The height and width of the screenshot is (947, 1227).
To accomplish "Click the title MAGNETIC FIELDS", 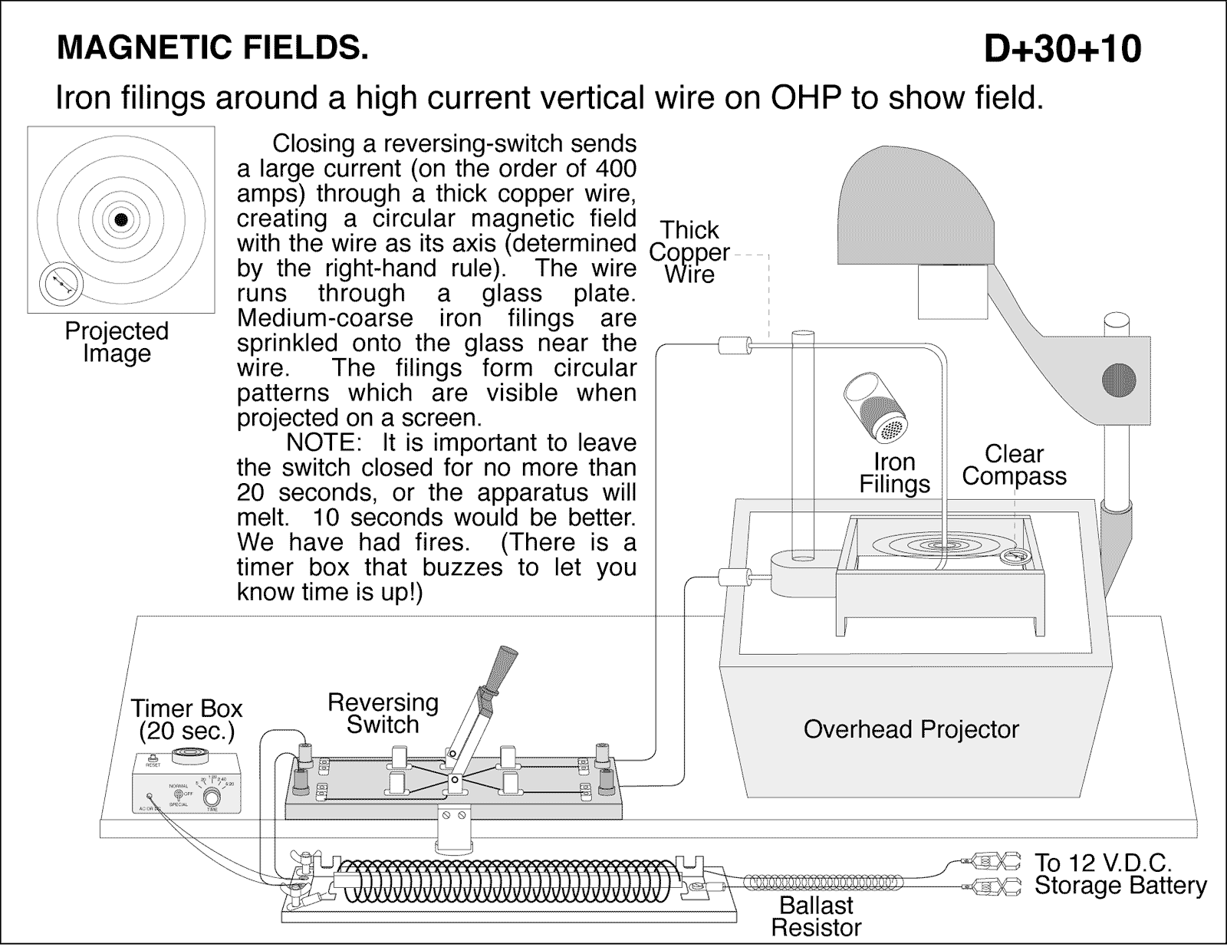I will click(212, 48).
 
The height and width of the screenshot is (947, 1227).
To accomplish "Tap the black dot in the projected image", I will click(120, 220).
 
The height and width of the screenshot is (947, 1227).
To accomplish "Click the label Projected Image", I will click(117, 342).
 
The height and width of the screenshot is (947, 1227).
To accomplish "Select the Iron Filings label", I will click(894, 472).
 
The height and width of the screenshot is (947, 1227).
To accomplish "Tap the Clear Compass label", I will click(1014, 465).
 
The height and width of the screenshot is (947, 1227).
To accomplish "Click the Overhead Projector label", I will click(911, 728).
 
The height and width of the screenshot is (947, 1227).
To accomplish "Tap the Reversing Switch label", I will click(383, 713).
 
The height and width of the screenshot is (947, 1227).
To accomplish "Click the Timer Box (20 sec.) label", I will click(186, 719).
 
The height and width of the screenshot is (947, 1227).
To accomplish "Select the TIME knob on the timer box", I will click(212, 798).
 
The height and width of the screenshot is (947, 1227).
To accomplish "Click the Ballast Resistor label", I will click(816, 916).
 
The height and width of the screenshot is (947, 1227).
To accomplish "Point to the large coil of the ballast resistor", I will click(506, 880).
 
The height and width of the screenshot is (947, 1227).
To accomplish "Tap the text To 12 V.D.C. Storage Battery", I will click(1120, 874).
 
